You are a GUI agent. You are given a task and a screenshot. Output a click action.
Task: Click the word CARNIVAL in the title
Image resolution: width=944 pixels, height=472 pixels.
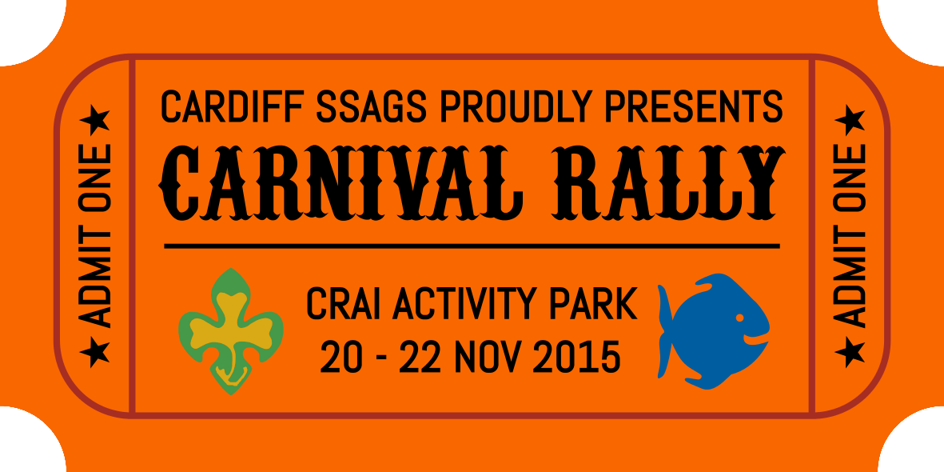point(341,183)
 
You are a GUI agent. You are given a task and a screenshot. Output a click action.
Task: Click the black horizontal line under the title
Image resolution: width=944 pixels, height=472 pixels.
point(472,246)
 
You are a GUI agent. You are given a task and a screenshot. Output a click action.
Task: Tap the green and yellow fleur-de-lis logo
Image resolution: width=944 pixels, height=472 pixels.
point(231,331)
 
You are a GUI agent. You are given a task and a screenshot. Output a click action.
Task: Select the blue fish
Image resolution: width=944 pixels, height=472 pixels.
point(714,330)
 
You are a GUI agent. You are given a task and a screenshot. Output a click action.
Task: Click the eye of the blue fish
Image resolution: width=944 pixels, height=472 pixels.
point(740,317)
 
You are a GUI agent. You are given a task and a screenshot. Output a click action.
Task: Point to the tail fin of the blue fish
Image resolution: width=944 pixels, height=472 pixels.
point(665,331)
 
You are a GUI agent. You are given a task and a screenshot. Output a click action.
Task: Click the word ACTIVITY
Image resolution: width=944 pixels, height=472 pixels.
point(467,304)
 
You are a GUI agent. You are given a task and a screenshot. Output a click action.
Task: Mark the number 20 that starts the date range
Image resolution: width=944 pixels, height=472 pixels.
point(342,356)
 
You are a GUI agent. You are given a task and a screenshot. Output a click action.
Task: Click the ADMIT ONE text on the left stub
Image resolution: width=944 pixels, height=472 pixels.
point(95,236)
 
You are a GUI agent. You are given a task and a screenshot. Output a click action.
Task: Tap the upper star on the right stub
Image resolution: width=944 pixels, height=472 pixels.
point(850,120)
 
